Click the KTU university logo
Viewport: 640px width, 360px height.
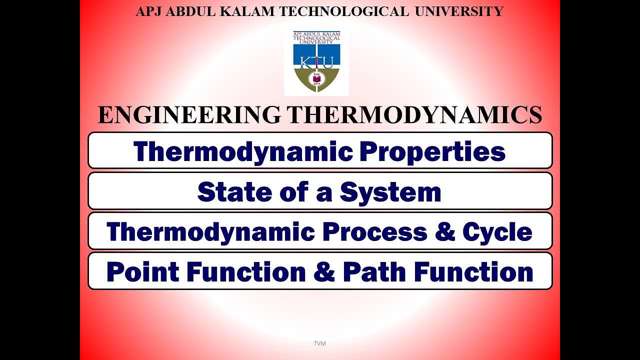316,63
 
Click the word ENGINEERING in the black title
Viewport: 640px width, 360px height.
189,115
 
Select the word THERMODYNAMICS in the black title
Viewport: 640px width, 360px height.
414,115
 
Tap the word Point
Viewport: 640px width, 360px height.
142,272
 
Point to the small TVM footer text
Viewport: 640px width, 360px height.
319,343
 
